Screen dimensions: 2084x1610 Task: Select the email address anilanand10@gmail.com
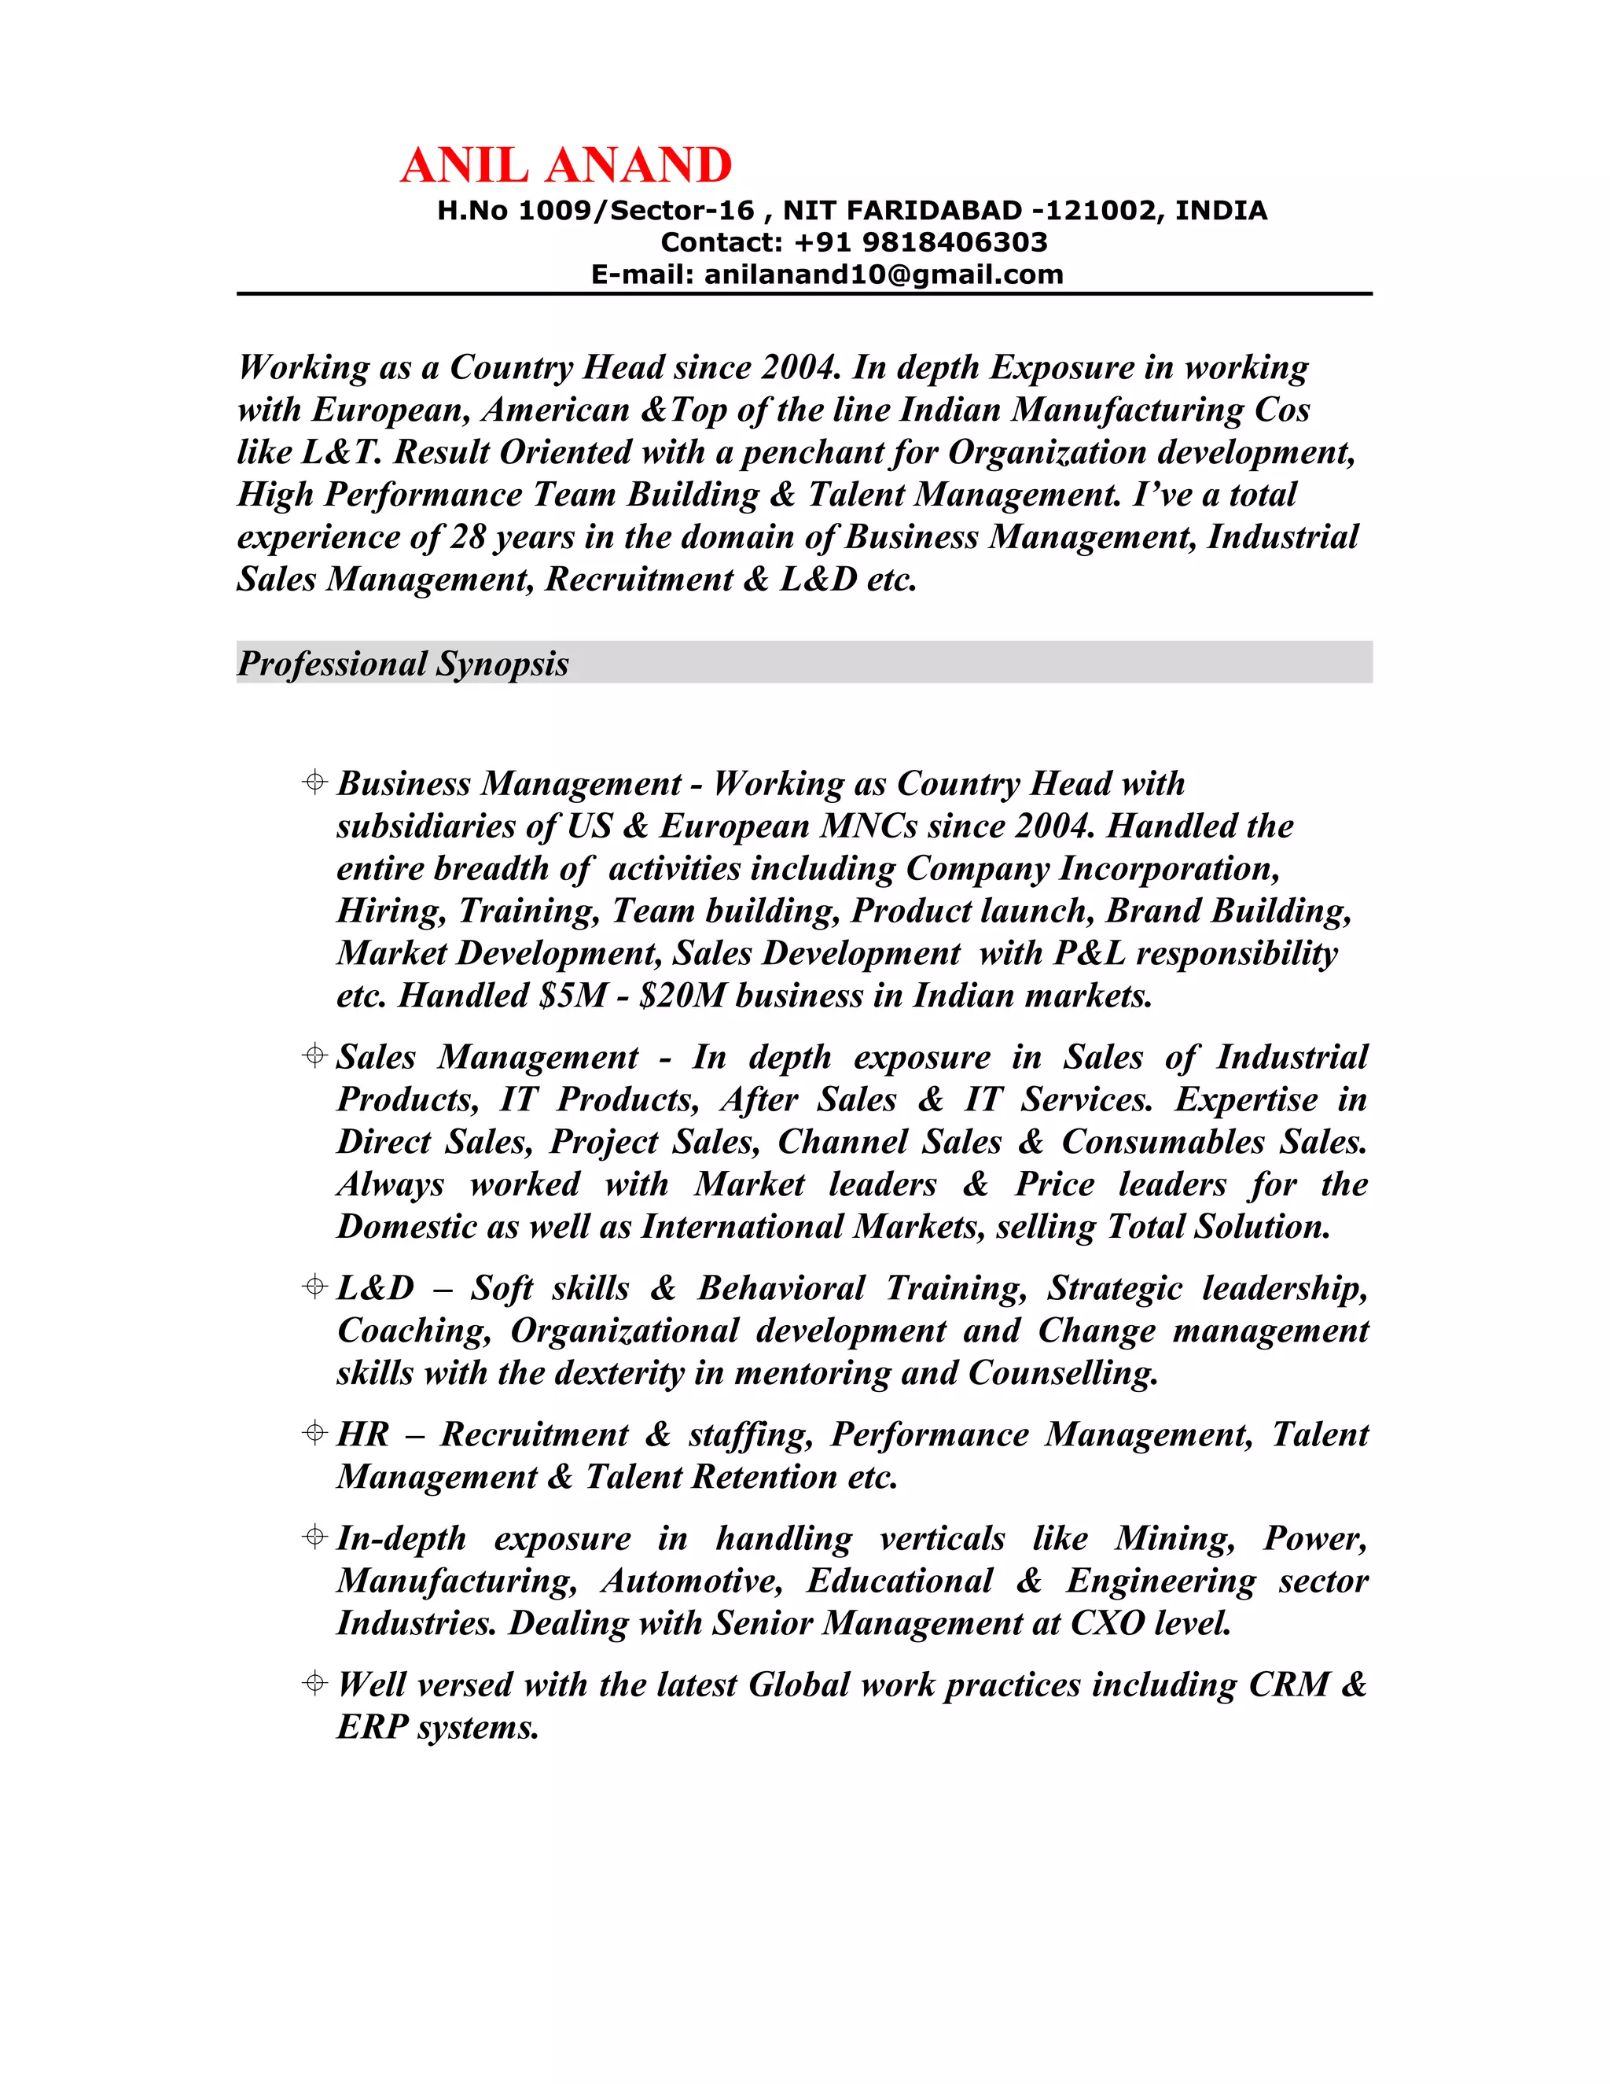883,274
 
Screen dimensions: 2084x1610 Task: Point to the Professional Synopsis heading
402,663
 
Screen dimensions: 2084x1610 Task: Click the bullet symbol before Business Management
314,782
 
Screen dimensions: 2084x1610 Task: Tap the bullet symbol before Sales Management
314,1055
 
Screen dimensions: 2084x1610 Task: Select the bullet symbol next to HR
314,1432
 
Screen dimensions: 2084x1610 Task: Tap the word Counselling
1063,1372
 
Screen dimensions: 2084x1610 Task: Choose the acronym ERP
372,1726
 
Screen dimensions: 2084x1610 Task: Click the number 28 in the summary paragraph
468,536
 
